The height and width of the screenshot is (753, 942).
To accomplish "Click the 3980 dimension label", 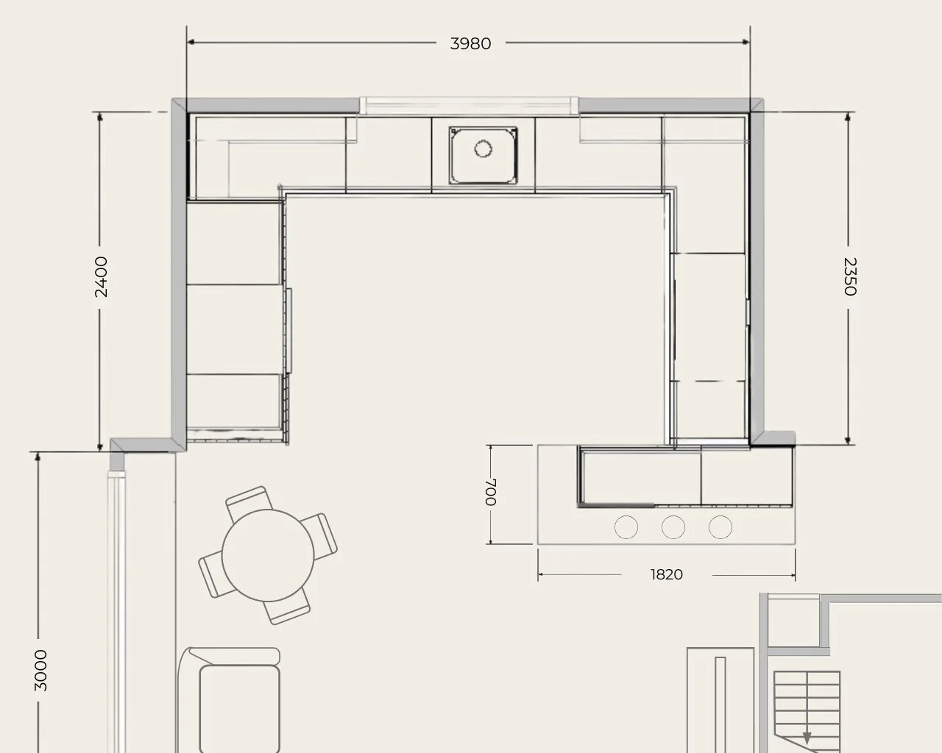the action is (470, 44).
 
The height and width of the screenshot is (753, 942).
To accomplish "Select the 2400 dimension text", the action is (101, 277).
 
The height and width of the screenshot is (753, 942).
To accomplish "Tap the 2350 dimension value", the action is (850, 276).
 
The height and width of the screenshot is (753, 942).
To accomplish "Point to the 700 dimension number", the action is (491, 492).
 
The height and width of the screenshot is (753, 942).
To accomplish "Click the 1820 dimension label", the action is (667, 574).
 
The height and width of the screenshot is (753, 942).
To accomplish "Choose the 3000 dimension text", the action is (40, 671).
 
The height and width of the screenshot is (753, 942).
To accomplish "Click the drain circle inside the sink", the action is (484, 149).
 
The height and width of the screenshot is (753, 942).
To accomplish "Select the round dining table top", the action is (268, 555).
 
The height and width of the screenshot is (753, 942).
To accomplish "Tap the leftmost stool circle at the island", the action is (626, 527).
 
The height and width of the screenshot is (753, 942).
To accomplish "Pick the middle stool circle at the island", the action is (673, 527).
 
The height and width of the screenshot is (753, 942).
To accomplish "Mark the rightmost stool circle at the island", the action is (720, 527).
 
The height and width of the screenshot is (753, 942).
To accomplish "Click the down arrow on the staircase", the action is (807, 738).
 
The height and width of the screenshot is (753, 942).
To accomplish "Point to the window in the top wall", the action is (470, 105).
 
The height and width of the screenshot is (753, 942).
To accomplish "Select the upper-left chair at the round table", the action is (249, 502).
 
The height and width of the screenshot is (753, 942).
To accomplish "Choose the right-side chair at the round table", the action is (320, 536).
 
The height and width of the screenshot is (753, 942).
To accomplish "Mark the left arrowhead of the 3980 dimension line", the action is (191, 42).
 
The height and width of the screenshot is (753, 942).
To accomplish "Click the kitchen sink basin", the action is (484, 155).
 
